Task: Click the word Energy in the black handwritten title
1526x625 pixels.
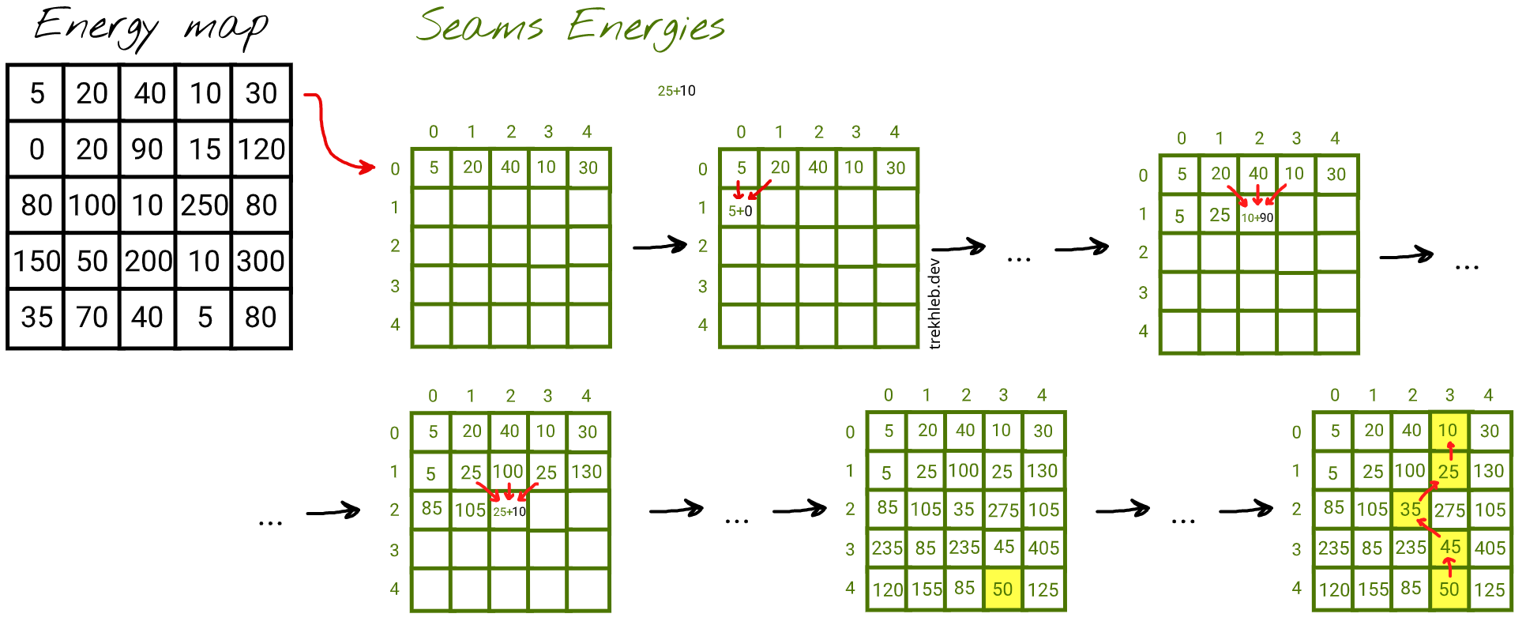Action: point(96,27)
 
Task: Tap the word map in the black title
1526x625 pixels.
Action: point(227,30)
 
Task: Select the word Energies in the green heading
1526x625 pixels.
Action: point(646,28)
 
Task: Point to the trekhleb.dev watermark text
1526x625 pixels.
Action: point(935,303)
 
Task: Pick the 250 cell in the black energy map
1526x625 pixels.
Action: point(204,205)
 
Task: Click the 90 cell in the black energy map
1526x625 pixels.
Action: point(148,149)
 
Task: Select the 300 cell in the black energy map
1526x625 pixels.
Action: point(261,262)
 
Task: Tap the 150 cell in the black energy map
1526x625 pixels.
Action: point(36,262)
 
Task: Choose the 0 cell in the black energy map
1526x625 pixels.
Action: point(36,149)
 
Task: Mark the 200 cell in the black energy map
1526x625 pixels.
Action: point(148,262)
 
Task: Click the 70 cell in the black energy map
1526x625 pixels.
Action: point(92,318)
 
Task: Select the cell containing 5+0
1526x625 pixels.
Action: point(739,208)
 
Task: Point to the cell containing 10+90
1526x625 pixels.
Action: point(1257,214)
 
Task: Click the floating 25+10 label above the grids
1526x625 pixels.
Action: point(677,91)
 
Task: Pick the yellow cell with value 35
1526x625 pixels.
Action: point(1411,510)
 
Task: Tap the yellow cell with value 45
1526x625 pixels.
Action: point(1449,548)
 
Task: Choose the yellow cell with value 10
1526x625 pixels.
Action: point(1449,431)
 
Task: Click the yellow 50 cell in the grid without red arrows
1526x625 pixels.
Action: point(1003,589)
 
